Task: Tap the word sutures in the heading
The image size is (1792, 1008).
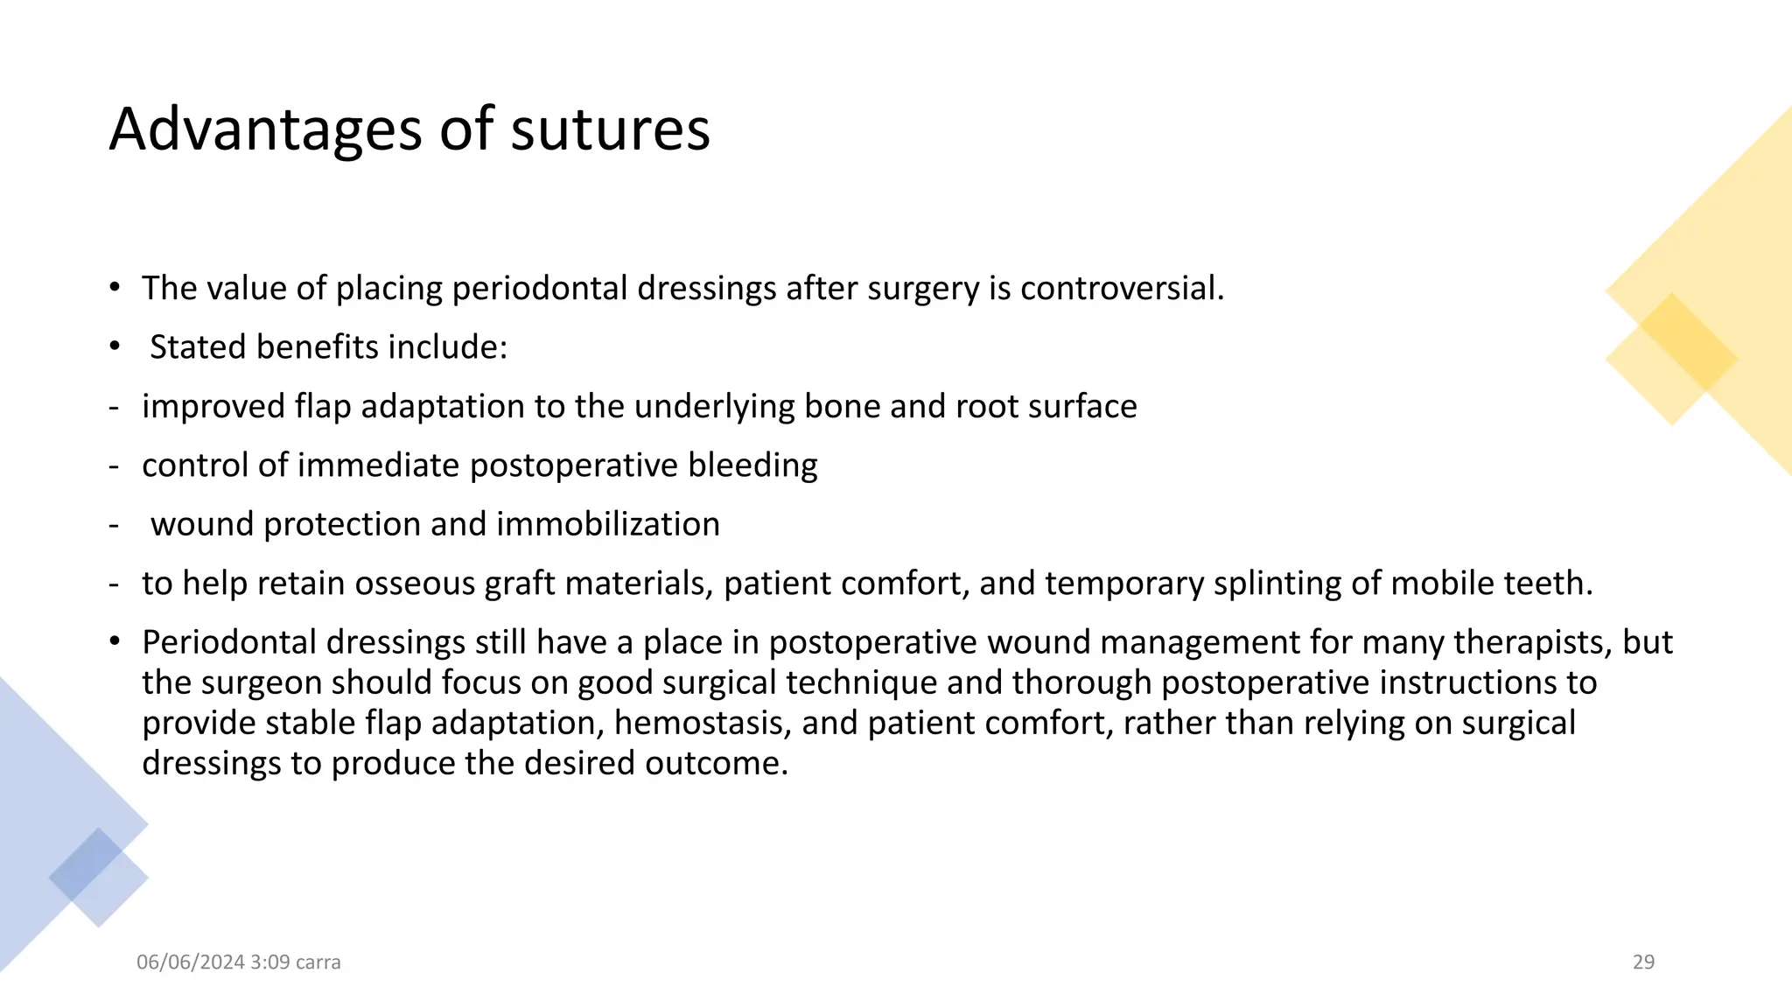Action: point(610,129)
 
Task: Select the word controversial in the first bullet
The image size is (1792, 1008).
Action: point(1122,288)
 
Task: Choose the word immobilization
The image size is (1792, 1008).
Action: point(608,524)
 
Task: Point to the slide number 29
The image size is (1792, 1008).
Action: point(1643,962)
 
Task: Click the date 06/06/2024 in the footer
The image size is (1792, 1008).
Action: point(191,962)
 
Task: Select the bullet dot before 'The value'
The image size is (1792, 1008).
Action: point(115,287)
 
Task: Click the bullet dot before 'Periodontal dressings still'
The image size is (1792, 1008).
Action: point(115,641)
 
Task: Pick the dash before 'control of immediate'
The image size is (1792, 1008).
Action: point(114,465)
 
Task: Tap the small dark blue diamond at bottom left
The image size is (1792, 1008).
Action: point(86,863)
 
